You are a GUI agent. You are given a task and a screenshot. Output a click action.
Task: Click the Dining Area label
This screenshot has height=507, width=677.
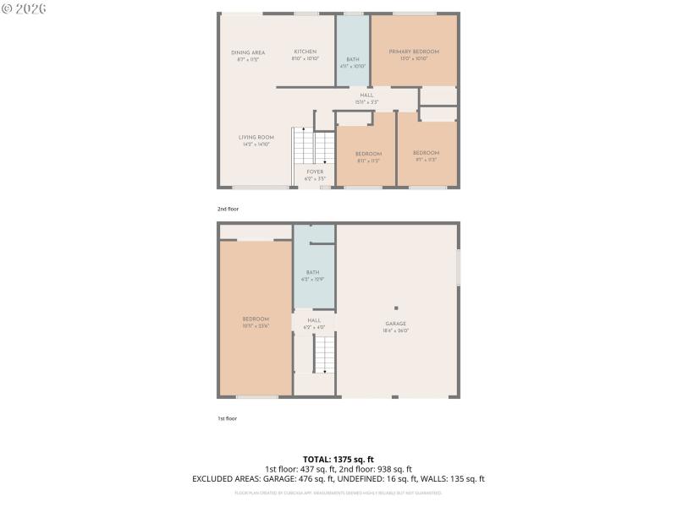click(x=248, y=52)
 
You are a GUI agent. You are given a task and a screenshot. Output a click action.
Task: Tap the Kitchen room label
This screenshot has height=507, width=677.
click(x=305, y=52)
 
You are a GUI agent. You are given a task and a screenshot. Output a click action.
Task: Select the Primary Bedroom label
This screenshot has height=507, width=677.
click(x=414, y=52)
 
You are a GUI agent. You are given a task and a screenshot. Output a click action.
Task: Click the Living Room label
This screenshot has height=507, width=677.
click(x=256, y=137)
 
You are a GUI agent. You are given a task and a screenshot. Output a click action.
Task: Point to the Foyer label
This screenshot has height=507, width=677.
click(x=315, y=172)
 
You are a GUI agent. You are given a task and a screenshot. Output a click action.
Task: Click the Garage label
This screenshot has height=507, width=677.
click(x=396, y=324)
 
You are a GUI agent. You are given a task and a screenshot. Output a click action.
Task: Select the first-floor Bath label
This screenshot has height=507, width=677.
click(x=312, y=272)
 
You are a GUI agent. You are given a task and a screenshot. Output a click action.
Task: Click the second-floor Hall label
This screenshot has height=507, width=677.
click(x=366, y=95)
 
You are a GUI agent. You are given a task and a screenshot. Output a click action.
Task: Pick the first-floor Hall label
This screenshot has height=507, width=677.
click(x=314, y=320)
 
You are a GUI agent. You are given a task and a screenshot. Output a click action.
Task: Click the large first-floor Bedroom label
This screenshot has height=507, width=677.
click(x=256, y=319)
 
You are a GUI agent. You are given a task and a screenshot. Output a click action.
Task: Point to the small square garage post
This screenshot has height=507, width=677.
click(x=396, y=308)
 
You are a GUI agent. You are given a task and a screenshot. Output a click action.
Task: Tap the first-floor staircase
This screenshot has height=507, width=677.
click(x=324, y=353)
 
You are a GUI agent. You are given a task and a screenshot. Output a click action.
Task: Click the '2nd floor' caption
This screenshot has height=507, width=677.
click(x=228, y=208)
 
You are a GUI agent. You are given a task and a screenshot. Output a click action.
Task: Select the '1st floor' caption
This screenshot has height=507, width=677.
click(x=227, y=418)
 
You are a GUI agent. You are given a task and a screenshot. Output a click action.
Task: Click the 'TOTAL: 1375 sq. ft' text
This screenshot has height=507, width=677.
click(x=338, y=459)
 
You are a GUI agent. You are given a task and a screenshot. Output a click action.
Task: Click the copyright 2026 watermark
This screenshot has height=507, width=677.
click(x=25, y=8)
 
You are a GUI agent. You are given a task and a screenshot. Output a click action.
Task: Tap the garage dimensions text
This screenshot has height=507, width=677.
click(x=396, y=330)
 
